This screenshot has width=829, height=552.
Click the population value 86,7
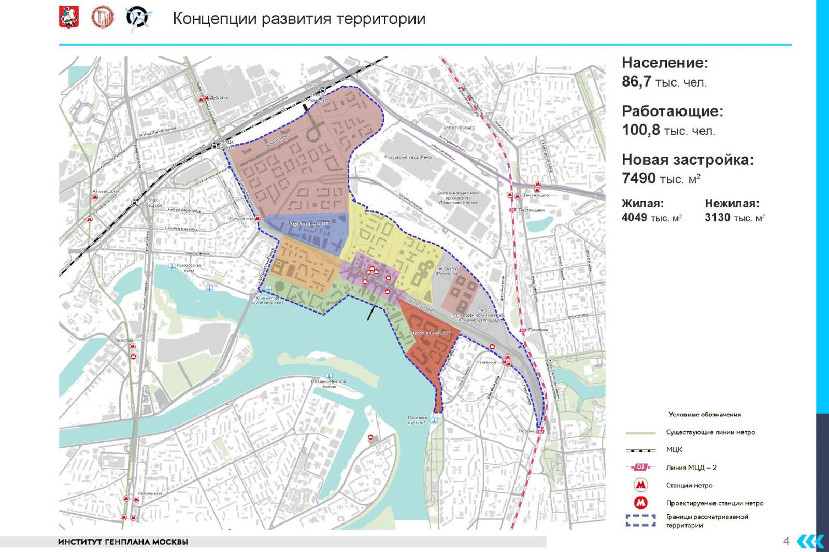pos(636,82)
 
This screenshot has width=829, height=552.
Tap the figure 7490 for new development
pos(638,179)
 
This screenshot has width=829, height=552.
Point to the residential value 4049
pos(634,218)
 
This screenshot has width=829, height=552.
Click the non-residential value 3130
pos(717,218)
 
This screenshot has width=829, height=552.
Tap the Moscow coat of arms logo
pos(68,18)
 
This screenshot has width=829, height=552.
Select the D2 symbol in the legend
pos(640,468)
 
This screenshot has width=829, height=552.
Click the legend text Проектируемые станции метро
pos(714,503)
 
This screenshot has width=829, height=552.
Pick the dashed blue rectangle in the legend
pos(640,520)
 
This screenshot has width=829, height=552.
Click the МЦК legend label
pos(674,450)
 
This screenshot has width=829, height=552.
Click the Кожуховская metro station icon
pos(258,219)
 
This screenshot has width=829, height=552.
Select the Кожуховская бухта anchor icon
pos(171,266)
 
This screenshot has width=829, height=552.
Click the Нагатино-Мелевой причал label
pos(328,384)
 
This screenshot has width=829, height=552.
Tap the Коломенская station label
pos(150,493)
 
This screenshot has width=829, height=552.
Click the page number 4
pos(786,542)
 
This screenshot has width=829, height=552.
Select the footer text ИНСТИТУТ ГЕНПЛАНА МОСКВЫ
pos(123,542)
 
